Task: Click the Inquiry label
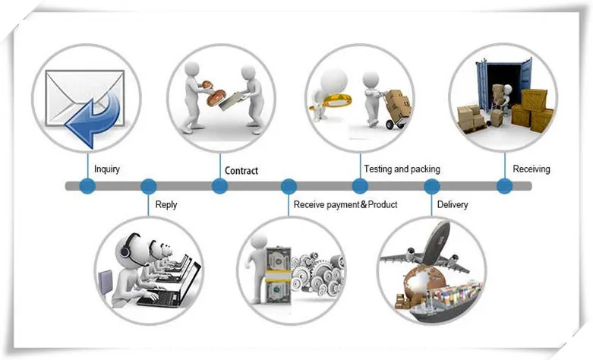107,169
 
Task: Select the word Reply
166,205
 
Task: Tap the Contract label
241,171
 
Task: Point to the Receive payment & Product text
345,205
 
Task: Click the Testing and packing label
402,169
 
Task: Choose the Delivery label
453,205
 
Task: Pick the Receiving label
531,169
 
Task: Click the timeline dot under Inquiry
87,186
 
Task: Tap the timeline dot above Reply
149,186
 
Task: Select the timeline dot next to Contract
219,186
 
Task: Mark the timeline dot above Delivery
431,186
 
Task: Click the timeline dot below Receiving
503,186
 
